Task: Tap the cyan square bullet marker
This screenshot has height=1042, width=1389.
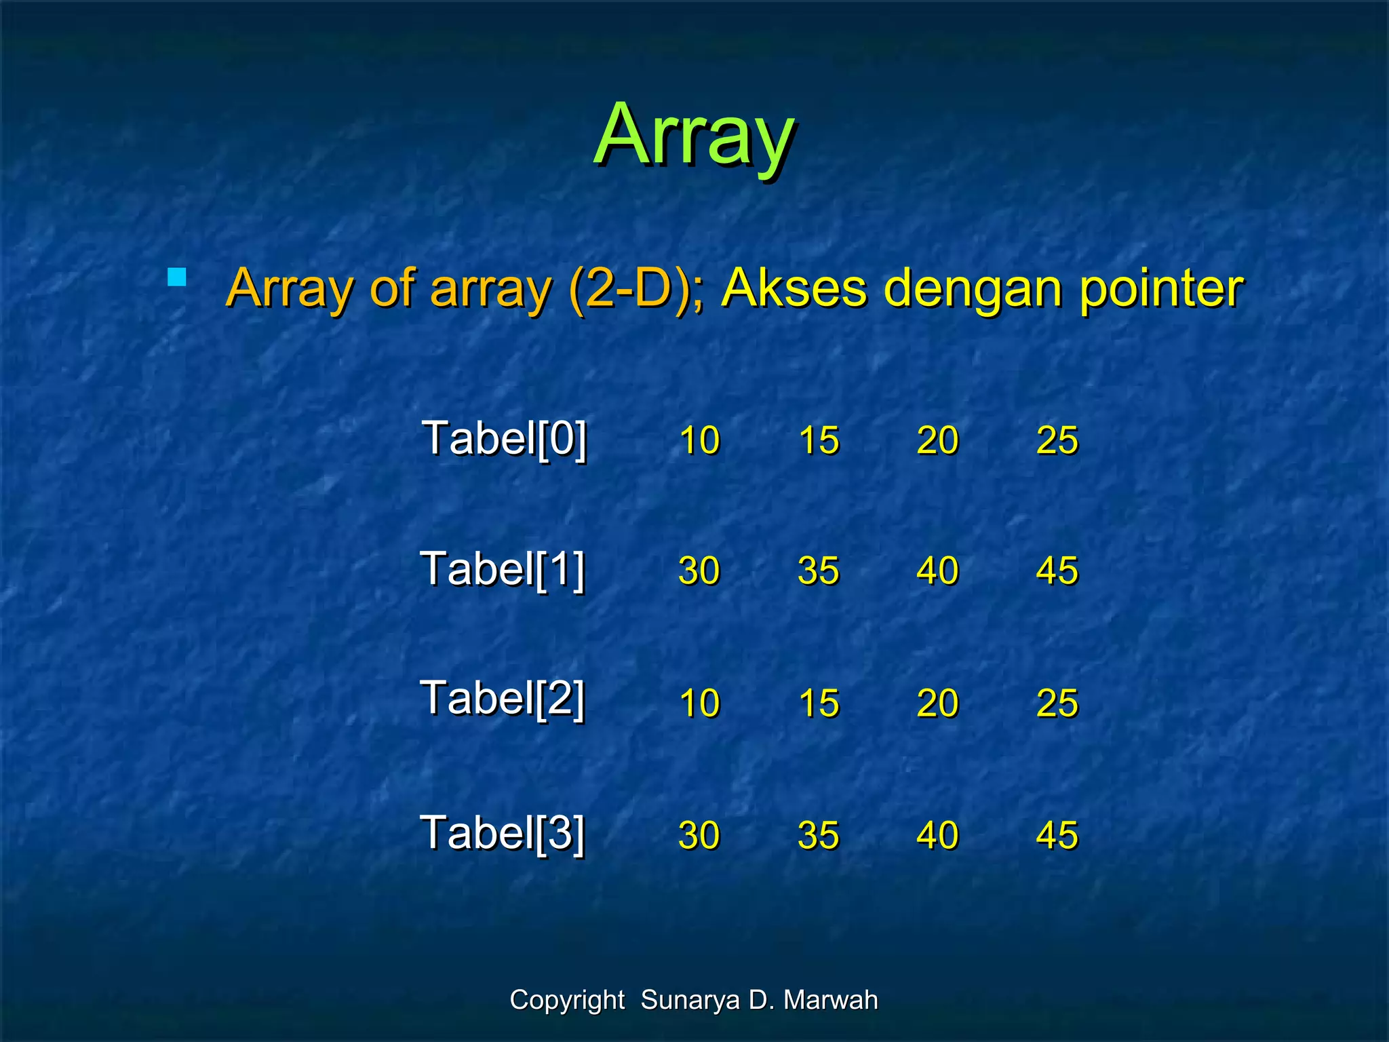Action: pos(176,277)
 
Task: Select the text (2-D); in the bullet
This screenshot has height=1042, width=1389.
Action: pos(636,288)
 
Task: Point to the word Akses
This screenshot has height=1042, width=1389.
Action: pos(794,288)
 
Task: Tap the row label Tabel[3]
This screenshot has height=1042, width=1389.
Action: pos(503,833)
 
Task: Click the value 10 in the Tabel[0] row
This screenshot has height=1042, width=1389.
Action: pos(699,440)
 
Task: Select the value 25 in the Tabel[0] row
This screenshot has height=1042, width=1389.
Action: pos(1057,440)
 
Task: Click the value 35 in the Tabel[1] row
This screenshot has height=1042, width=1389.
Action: pos(819,571)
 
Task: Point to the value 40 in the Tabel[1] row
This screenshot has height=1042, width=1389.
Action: pos(938,571)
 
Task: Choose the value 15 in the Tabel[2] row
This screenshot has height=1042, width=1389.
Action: pos(819,703)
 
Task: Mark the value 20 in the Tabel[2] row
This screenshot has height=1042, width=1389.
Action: pos(938,703)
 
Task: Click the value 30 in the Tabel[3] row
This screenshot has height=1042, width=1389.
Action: pos(699,835)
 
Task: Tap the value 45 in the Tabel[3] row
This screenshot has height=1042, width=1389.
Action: pos(1057,835)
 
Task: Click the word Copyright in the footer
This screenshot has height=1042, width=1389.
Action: pos(567,1001)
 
